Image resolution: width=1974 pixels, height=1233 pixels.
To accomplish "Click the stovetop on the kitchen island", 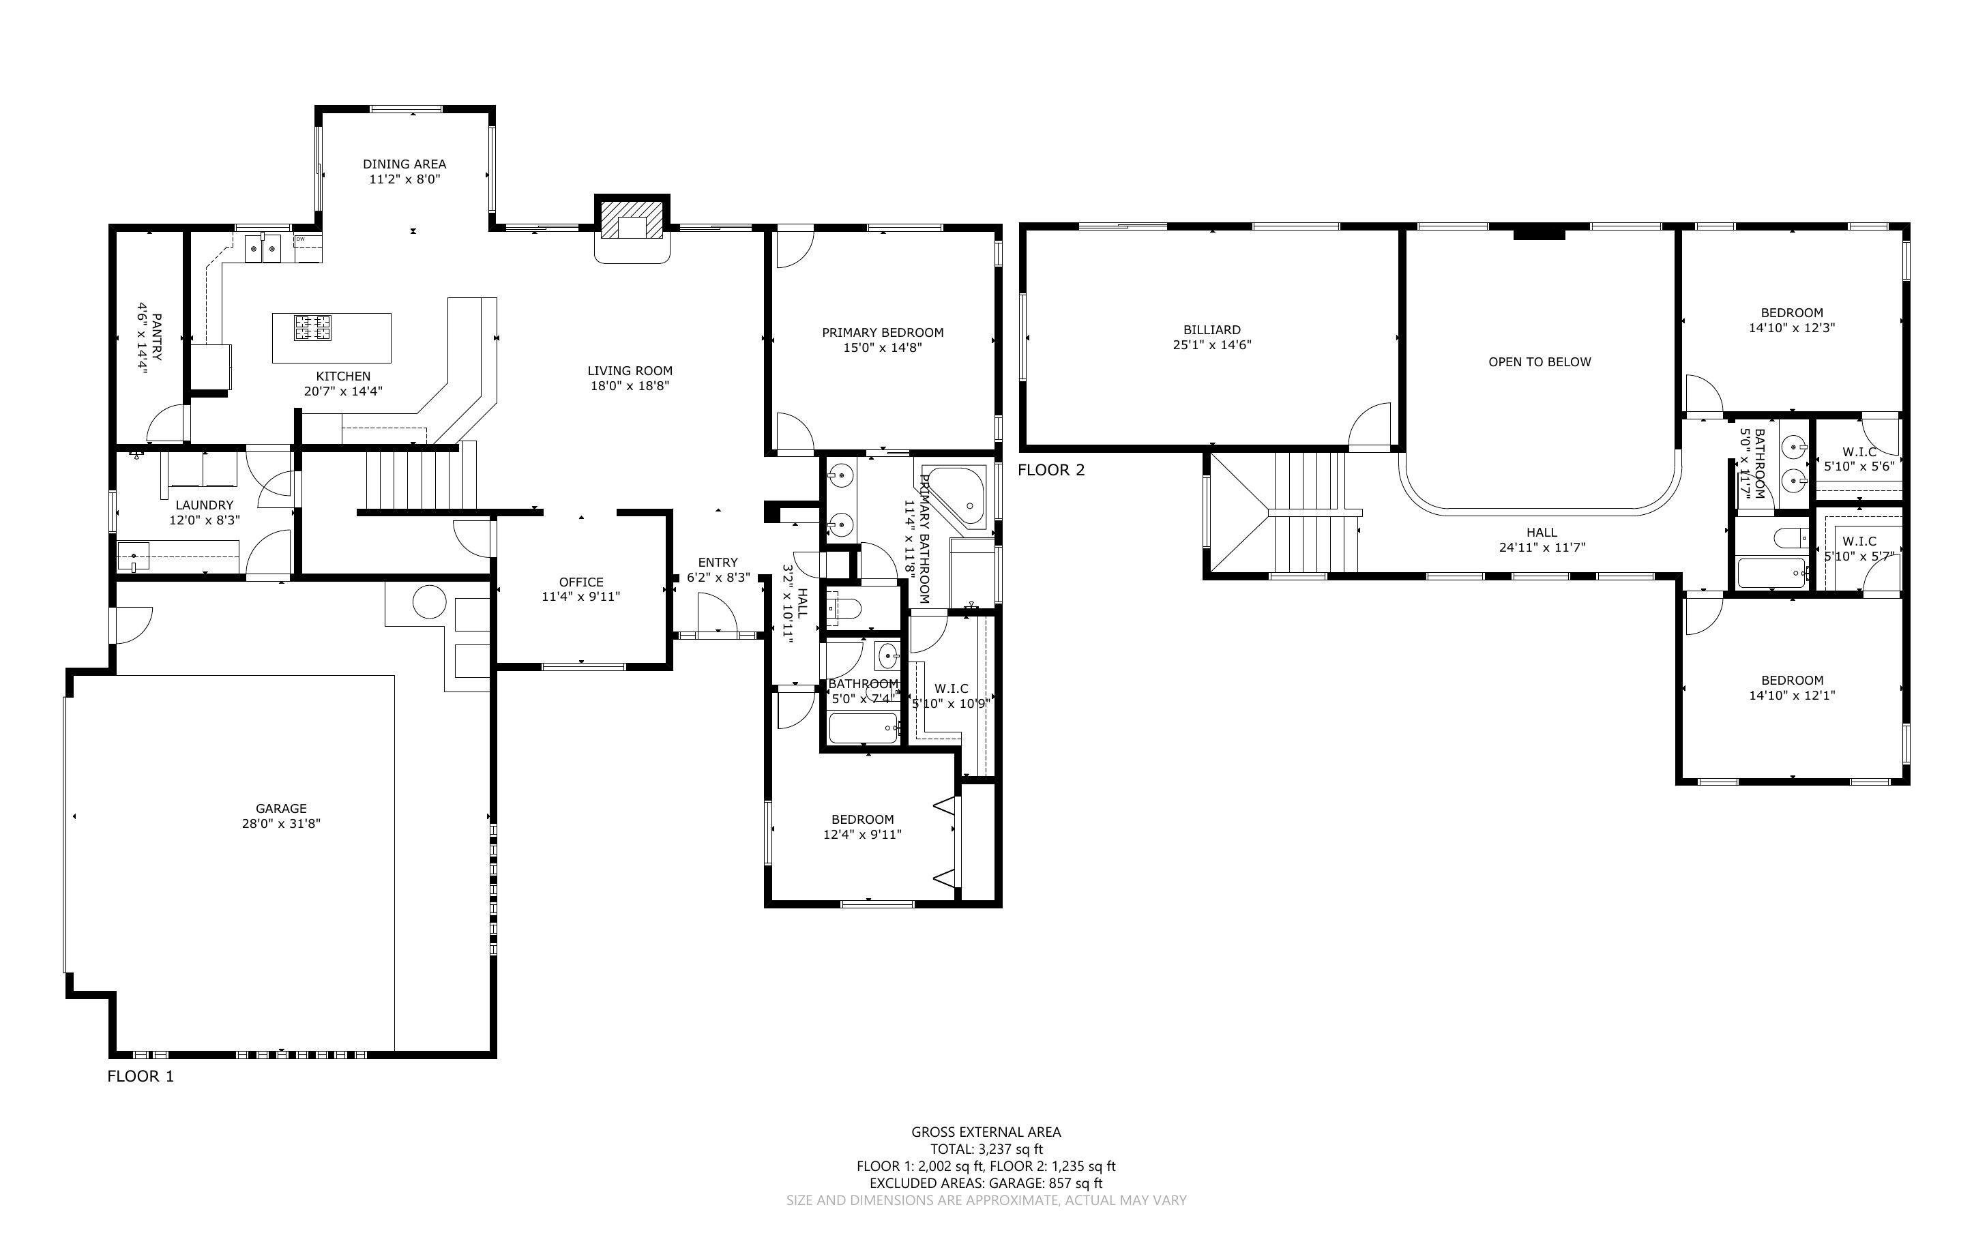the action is pos(313,327).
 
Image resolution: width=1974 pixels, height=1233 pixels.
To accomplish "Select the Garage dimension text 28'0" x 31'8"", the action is pos(281,824).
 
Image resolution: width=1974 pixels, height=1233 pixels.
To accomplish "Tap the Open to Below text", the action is pos(1540,362).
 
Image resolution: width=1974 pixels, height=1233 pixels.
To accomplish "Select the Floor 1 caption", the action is pos(141,1076).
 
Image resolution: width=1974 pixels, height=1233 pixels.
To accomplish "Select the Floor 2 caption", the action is pos(1051,470).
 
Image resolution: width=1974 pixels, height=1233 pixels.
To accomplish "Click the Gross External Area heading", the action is pos(986,1132).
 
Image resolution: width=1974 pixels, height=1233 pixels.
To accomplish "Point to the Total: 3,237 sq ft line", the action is pos(986,1149).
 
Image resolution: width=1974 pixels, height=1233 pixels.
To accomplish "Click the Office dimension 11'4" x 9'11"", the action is pos(580,597).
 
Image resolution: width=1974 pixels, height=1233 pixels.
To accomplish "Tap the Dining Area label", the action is pos(404,164).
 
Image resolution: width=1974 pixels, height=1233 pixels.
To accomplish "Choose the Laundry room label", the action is pos(204,505).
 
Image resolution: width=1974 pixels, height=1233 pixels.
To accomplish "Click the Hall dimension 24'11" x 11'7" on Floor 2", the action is pos(1542,548).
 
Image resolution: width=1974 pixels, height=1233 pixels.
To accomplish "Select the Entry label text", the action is pos(718,562).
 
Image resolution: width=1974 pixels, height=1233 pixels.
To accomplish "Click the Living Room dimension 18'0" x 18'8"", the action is pos(630,386).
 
